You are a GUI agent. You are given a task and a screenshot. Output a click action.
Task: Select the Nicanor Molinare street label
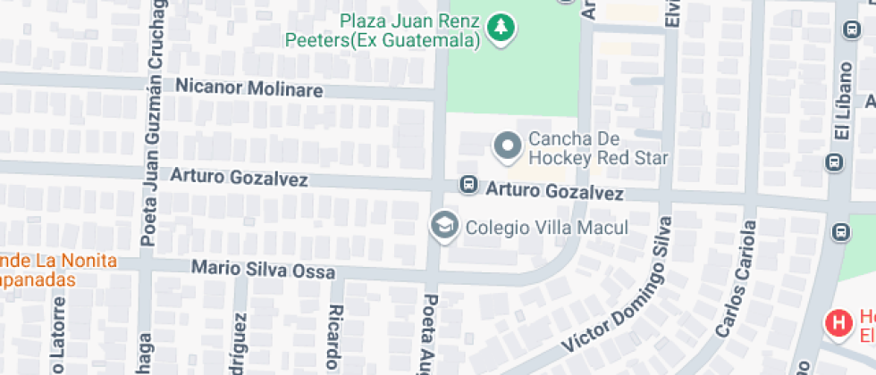coord(248,87)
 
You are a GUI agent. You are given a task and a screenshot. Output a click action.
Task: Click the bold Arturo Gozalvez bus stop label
coord(554,192)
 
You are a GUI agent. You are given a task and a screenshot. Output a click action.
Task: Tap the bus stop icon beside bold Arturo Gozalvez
coord(467,185)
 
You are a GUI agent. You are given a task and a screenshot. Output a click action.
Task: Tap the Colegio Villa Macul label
coord(547,228)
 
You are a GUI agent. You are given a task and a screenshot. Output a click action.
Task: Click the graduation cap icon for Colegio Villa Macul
coord(443,226)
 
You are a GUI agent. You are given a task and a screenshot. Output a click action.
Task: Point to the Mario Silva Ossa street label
coord(265,270)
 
